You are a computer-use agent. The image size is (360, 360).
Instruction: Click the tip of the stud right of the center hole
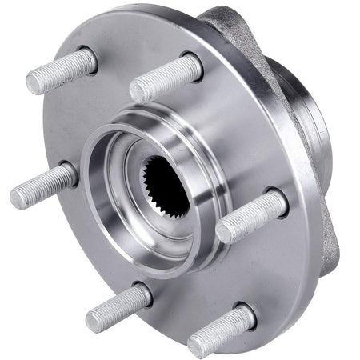point(226,232)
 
